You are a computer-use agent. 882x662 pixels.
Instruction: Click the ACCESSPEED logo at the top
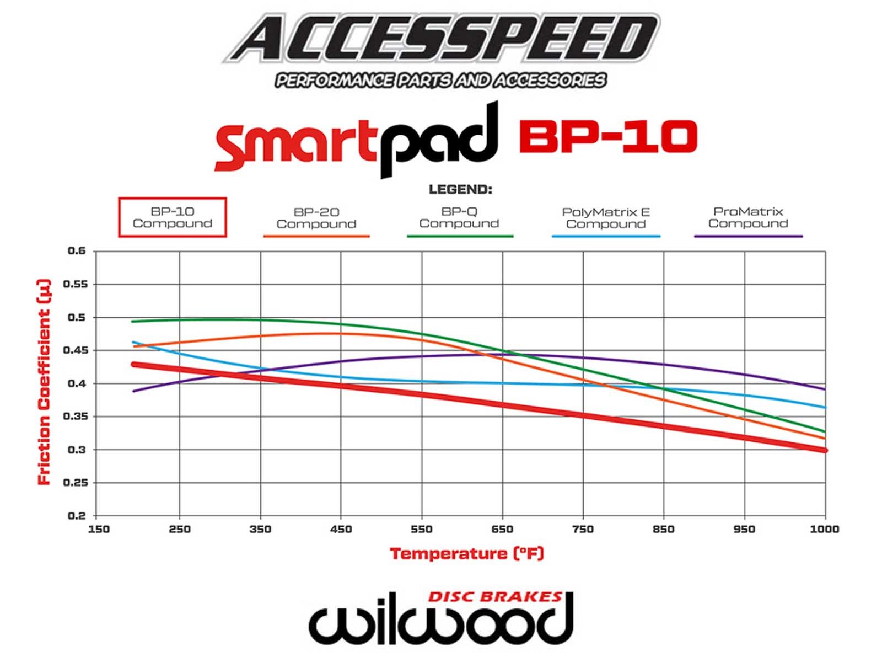tap(441, 38)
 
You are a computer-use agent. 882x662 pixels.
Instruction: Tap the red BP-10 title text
tap(608, 137)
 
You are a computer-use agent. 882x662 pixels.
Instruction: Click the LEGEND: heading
tap(460, 190)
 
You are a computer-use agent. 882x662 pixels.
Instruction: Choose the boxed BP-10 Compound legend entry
tap(173, 217)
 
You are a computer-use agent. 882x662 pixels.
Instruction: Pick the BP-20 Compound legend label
tap(316, 218)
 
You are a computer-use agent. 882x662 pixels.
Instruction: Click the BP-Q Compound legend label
tap(459, 218)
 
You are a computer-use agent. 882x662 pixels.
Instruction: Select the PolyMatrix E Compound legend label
tap(606, 218)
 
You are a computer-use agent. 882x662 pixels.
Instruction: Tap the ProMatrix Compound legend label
tap(748, 218)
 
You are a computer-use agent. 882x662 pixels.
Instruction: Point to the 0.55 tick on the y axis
tap(76, 284)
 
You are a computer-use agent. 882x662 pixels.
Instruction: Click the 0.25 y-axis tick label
tap(76, 483)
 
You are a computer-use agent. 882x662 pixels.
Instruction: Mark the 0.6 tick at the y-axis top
tap(77, 251)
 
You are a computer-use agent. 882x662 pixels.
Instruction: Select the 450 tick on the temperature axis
tap(341, 530)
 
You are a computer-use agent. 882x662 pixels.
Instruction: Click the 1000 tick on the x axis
tap(824, 530)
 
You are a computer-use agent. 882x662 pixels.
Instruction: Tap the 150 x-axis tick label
tap(99, 530)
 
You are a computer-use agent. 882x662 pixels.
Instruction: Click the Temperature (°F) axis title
tap(467, 553)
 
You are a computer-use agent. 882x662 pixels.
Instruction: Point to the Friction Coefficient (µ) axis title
tap(44, 382)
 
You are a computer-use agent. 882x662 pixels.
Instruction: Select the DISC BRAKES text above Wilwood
tap(494, 597)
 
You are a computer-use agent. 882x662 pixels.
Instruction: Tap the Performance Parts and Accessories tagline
tap(441, 81)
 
